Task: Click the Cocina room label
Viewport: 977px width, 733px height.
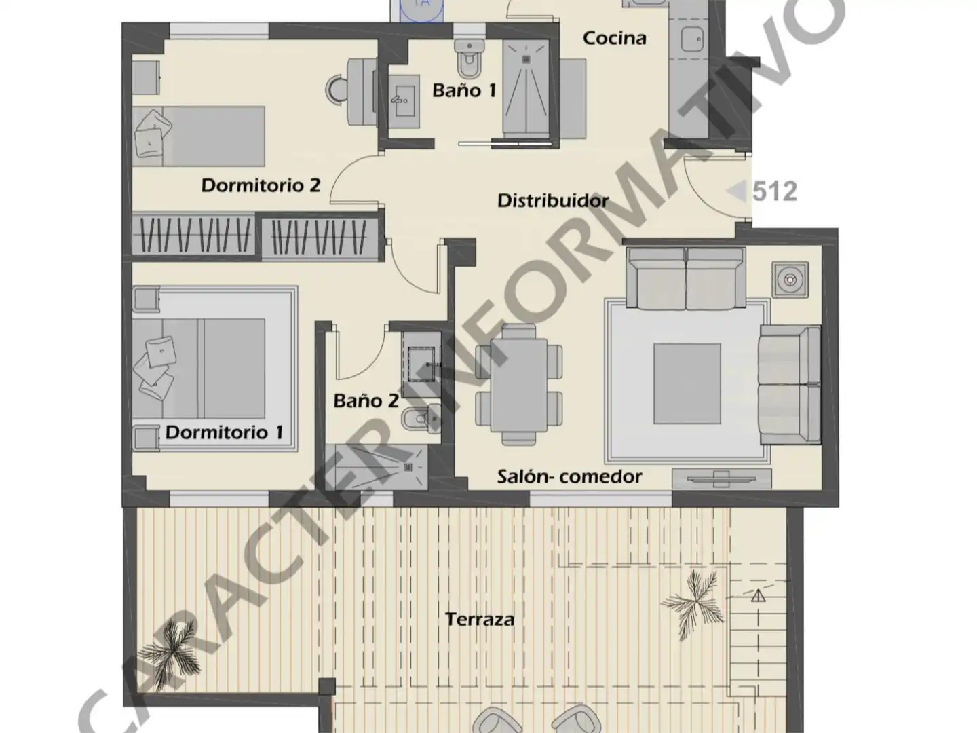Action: coord(614,38)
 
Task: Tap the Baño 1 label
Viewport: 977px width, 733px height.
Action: coord(464,90)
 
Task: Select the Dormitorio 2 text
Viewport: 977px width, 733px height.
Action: coord(261,185)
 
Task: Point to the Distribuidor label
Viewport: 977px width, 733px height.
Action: coord(553,201)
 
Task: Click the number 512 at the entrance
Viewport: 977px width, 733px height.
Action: coord(775,191)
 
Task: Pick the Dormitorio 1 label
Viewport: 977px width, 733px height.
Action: coord(225,432)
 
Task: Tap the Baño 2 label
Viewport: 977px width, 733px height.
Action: coord(366,401)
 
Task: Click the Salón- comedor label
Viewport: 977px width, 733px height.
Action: coord(569,476)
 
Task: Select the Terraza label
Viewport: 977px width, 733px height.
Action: coord(480,619)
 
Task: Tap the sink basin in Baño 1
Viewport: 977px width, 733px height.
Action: coord(404,102)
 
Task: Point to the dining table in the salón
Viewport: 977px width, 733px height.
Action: coord(519,385)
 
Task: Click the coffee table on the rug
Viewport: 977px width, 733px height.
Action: coord(687,383)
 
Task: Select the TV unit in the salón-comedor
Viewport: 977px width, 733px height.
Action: coord(721,479)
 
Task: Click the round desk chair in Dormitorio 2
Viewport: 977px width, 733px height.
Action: coord(337,90)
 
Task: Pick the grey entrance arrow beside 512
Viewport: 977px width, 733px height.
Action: coord(737,191)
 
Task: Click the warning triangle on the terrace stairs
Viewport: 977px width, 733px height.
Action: coord(758,595)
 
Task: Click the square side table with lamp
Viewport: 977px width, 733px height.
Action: coord(790,280)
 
